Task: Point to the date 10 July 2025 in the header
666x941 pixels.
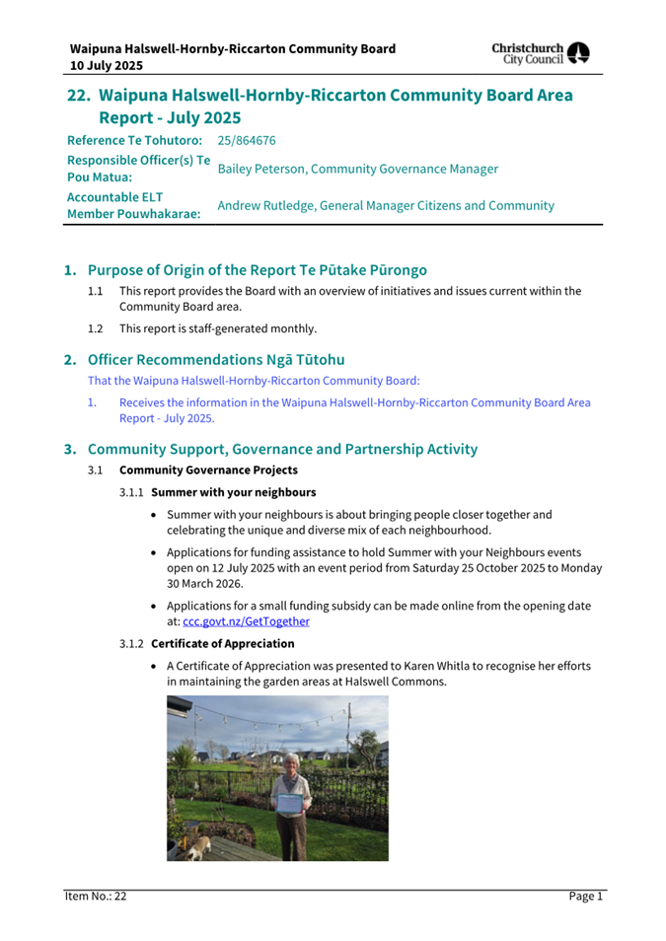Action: click(x=107, y=65)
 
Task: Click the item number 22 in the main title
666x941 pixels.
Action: click(x=79, y=96)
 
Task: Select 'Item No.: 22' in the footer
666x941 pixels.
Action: click(x=96, y=896)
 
